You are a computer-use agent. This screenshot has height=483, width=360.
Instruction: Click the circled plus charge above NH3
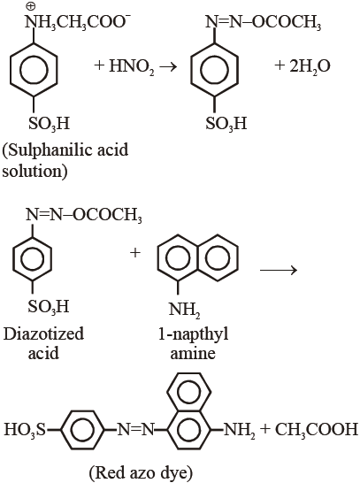(31, 6)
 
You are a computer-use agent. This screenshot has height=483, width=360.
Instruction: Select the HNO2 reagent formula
(132, 66)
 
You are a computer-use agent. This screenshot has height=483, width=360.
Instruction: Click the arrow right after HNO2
(168, 66)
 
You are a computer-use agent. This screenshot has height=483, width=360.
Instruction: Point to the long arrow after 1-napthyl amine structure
(279, 270)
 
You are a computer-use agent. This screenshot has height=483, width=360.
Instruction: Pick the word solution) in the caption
(34, 171)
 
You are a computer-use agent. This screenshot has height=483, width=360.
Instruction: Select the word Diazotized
(43, 333)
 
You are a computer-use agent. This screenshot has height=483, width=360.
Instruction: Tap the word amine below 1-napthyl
(193, 353)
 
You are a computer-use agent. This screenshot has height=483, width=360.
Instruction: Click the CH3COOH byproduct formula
(317, 429)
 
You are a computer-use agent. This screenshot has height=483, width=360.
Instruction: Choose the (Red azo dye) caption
(141, 472)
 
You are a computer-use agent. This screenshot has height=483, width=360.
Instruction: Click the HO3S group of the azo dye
(25, 429)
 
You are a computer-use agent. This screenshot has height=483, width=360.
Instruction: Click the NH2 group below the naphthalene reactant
(185, 310)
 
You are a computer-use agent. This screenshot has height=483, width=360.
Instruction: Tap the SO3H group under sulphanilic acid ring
(50, 124)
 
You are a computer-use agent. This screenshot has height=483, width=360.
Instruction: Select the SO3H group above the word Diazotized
(49, 306)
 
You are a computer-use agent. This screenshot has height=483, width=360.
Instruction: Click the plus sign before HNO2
(99, 65)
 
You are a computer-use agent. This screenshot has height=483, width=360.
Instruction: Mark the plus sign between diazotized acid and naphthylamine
(135, 253)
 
